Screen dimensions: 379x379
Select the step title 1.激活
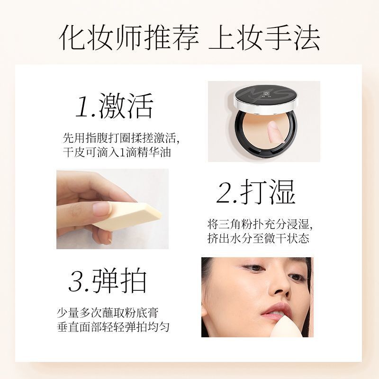click(x=114, y=105)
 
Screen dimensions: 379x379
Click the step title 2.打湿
click(x=256, y=192)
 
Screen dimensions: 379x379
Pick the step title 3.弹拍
click(x=108, y=280)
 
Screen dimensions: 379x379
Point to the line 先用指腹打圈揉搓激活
click(x=120, y=138)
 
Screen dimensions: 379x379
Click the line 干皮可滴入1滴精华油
click(x=117, y=153)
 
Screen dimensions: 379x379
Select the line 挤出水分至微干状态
click(x=258, y=238)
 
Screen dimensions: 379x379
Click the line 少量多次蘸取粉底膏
click(x=108, y=313)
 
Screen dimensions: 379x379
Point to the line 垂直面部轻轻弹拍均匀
click(x=113, y=327)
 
